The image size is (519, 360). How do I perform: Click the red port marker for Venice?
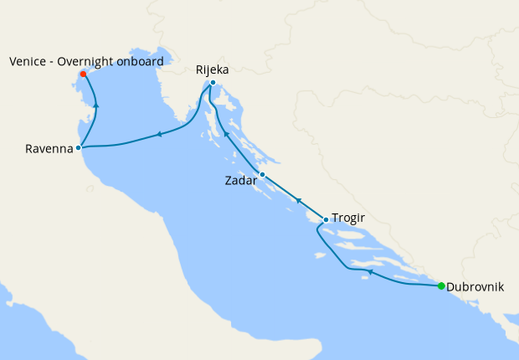[x=83, y=75]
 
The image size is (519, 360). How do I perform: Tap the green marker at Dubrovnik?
[x=441, y=286]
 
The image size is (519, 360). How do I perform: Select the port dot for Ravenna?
[x=78, y=147]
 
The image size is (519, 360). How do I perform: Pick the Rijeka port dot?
[x=213, y=82]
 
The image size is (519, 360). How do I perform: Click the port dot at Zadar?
[x=262, y=175]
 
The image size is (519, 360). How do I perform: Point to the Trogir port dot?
[x=326, y=219]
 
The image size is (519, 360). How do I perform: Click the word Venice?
[x=28, y=61]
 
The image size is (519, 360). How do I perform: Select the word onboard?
[x=140, y=61]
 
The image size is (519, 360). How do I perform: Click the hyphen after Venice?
[x=53, y=62]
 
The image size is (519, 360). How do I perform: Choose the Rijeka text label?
[x=213, y=69]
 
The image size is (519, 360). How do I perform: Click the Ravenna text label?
[x=49, y=151]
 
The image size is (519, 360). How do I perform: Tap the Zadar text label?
[x=241, y=180]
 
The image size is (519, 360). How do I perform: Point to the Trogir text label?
[x=349, y=219]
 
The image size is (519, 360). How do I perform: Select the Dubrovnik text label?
[x=475, y=286]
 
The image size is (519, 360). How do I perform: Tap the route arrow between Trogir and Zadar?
[x=298, y=200]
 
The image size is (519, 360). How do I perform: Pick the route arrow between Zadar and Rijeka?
[x=226, y=134]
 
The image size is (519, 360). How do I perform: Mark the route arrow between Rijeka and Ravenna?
[x=158, y=134]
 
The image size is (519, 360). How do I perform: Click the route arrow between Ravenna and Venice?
[x=97, y=105]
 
